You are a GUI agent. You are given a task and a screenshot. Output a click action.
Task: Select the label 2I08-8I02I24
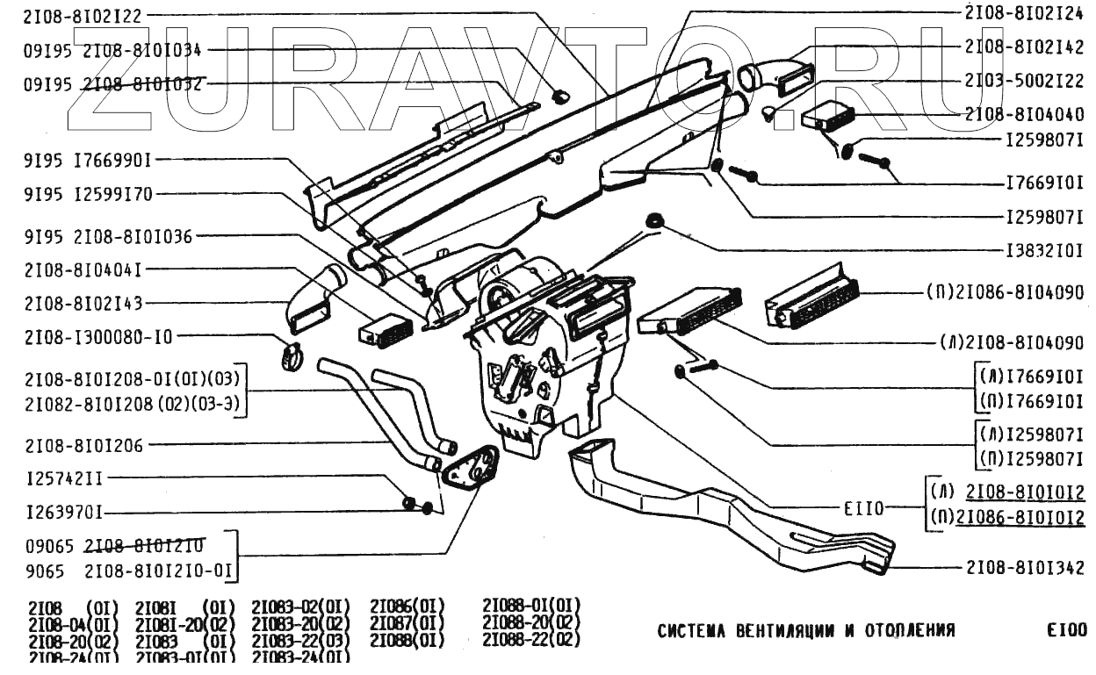[1024, 13]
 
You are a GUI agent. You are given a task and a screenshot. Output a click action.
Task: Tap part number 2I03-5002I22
[1024, 81]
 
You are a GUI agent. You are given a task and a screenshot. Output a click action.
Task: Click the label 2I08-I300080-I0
[98, 336]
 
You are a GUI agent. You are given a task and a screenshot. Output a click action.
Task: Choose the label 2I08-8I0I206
[83, 446]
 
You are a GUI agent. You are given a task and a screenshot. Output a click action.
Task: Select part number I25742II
[66, 478]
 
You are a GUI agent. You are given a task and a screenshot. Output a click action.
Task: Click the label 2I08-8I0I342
[1024, 567]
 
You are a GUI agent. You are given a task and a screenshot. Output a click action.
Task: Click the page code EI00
[1066, 630]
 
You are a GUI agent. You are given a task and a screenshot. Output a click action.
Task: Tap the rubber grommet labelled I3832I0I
[653, 219]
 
